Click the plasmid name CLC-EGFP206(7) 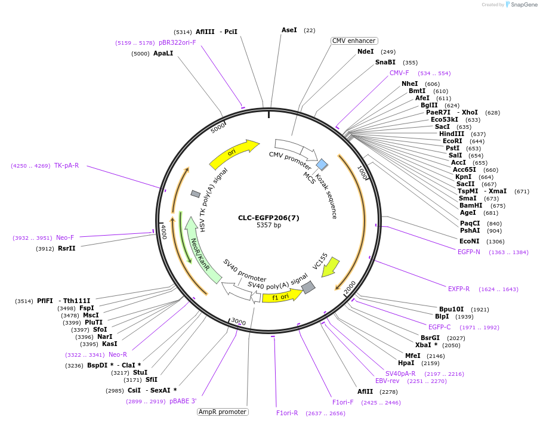pyautogui.click(x=269, y=218)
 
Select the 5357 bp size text pyautogui.click(x=269, y=226)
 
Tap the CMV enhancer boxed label pyautogui.click(x=354, y=41)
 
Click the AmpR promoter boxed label pyautogui.click(x=223, y=412)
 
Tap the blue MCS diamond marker pyautogui.click(x=322, y=164)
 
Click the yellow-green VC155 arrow pyautogui.click(x=329, y=267)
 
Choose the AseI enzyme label pyautogui.click(x=289, y=30)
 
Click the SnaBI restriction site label pyautogui.click(x=385, y=62)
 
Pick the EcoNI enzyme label pyautogui.click(x=469, y=241)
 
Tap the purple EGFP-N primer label pyautogui.click(x=468, y=252)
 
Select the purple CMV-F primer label pyautogui.click(x=399, y=73)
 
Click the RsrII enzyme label pyautogui.click(x=67, y=248)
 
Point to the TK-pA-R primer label pyautogui.click(x=66, y=165)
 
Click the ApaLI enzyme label pyautogui.click(x=163, y=53)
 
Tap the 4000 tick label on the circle pyautogui.click(x=163, y=231)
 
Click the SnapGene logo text pyautogui.click(x=524, y=5)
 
